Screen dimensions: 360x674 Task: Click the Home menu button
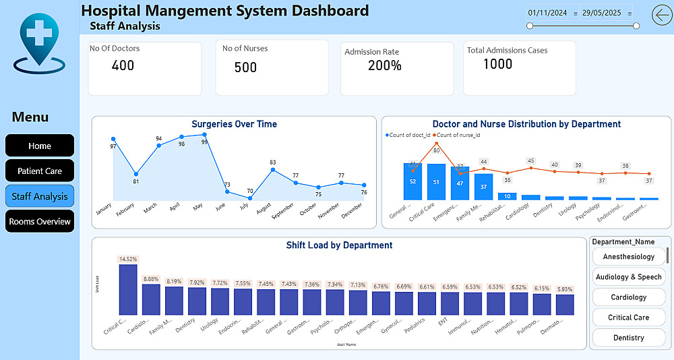[40, 146]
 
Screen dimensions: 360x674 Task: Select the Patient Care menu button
[40, 171]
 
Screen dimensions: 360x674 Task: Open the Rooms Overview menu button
[40, 221]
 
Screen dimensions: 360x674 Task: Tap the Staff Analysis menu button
[40, 196]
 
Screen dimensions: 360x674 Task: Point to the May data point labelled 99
[204, 135]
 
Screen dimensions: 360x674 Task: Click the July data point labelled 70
[250, 198]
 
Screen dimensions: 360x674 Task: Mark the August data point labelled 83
[273, 170]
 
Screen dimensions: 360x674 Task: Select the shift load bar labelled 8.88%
[151, 299]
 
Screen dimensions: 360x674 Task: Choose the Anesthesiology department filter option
[628, 257]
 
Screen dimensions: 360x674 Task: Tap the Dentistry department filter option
[628, 338]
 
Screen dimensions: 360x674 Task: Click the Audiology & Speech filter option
[628, 277]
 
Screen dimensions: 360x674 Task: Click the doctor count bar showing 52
[412, 181]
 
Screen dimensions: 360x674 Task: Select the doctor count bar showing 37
[483, 187]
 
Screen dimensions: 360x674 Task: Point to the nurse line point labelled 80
[436, 143]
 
